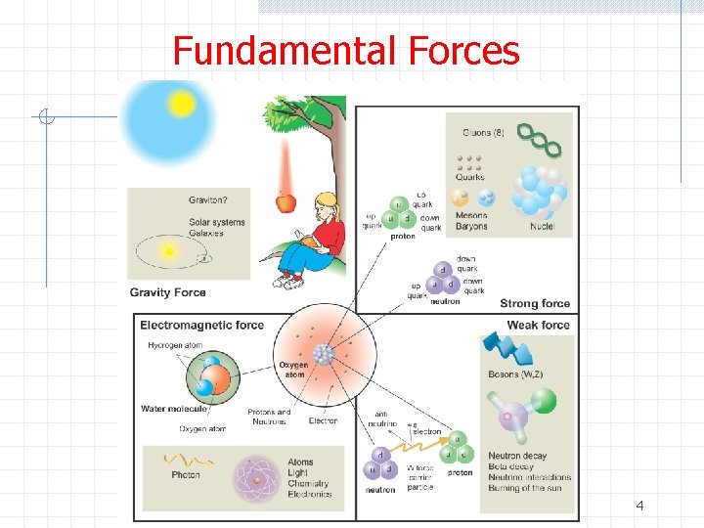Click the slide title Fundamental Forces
[x=346, y=51]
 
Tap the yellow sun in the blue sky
[x=181, y=103]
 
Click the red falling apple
[x=286, y=201]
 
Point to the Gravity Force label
[x=168, y=292]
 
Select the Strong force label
[x=535, y=304]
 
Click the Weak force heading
[x=538, y=326]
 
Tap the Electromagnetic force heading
[x=202, y=326]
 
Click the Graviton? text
[x=209, y=200]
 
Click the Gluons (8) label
[x=478, y=132]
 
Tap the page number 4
[x=639, y=506]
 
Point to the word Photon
[x=186, y=475]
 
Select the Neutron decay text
[x=517, y=456]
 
